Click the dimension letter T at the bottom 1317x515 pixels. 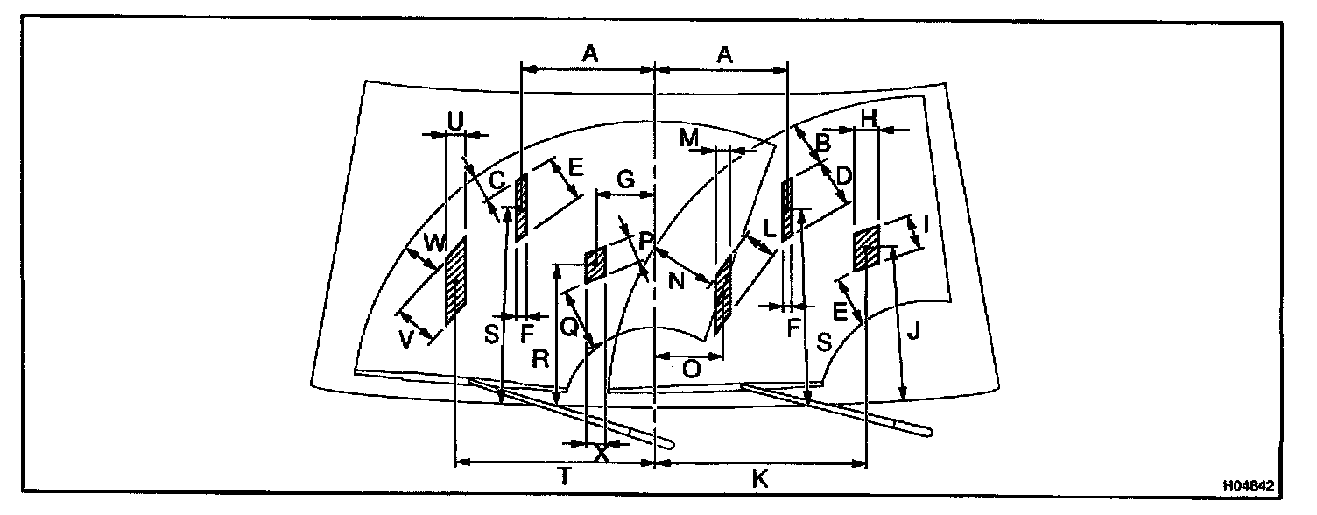[565, 477]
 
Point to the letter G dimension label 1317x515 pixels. [625, 179]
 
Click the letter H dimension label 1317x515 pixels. [869, 117]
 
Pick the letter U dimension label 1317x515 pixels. [454, 122]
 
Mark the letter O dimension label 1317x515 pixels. [691, 369]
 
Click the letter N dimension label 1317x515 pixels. [675, 284]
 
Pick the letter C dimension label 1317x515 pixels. [497, 181]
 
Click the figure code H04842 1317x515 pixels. [1250, 484]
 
